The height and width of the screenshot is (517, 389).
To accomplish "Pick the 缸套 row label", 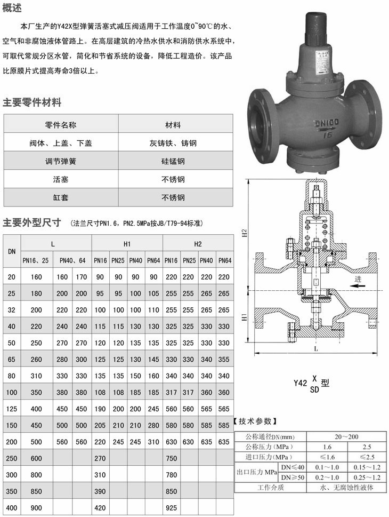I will tap(61, 197).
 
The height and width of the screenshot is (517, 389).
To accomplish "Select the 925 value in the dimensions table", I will tap(171, 508).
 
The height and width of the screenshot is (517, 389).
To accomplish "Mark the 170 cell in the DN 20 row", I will tap(81, 277).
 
